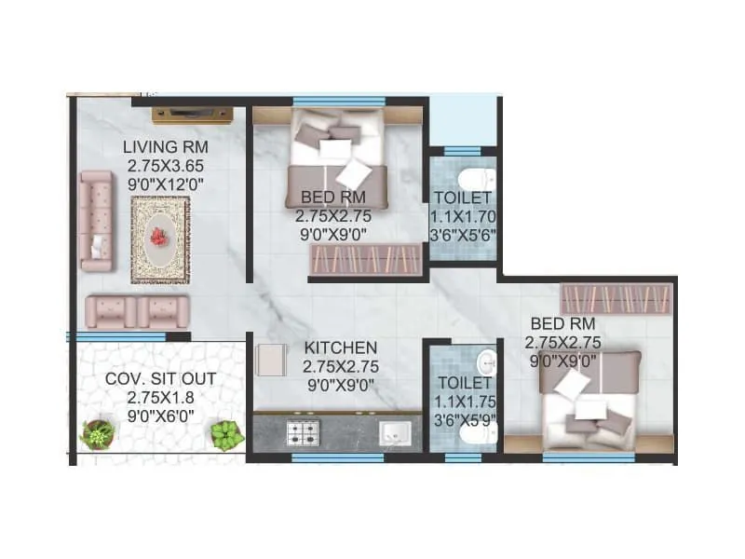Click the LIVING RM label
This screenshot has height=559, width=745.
point(166,147)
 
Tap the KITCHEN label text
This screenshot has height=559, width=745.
point(340,348)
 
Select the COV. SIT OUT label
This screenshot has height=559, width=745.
point(160,379)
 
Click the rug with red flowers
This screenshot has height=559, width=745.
point(159,239)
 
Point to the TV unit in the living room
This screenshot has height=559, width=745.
point(192,116)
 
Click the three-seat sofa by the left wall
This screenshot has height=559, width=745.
point(96,221)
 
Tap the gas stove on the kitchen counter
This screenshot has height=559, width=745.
point(302,432)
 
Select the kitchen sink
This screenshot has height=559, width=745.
point(395,433)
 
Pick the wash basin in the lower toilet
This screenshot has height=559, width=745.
point(486,361)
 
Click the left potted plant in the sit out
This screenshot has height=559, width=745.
point(97,433)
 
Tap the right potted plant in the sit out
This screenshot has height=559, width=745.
point(226,434)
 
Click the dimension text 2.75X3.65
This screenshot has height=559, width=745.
point(166,166)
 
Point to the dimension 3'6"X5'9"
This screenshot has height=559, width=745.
point(462,419)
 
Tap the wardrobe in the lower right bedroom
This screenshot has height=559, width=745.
point(616,299)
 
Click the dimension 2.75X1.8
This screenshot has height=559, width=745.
point(160,397)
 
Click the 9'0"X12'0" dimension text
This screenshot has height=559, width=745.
point(166,184)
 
